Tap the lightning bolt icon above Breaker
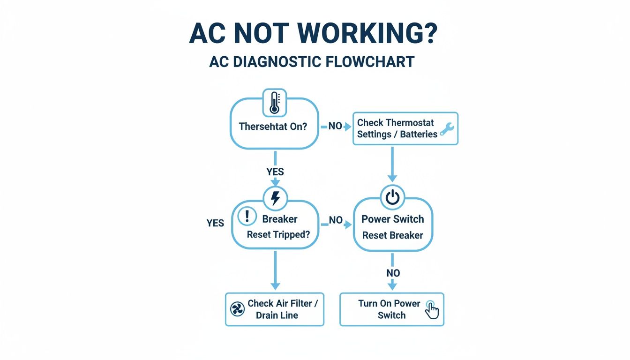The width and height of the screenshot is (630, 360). click(276, 199)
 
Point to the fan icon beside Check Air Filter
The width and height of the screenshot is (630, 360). click(238, 309)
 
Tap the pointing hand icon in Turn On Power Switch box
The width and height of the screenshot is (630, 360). click(432, 310)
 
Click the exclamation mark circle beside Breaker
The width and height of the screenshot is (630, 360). click(247, 217)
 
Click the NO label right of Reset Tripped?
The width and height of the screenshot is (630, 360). click(336, 220)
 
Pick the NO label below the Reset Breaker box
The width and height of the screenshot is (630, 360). click(393, 273)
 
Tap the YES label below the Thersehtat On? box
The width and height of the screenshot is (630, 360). click(275, 172)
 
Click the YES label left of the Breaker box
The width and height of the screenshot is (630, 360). click(215, 223)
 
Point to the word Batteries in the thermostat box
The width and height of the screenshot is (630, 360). click(418, 134)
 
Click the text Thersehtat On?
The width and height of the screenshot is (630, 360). click(272, 127)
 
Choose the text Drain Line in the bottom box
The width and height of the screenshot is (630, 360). click(277, 315)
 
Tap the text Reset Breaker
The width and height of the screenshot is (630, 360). click(393, 235)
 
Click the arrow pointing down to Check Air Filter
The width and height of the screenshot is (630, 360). click(276, 270)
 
